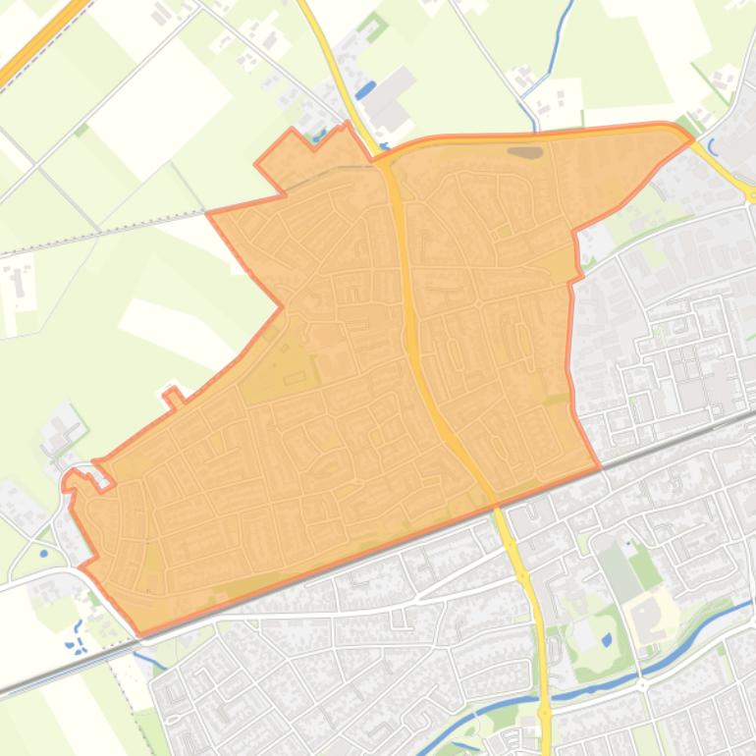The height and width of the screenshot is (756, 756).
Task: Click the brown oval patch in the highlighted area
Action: pos(524,152)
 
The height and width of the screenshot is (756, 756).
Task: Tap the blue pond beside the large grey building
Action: pos(365,91)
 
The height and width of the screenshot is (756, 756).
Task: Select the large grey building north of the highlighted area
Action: pos(390,98)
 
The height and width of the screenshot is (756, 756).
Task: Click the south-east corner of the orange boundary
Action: pos(599,467)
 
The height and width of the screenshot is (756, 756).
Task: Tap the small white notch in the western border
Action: pos(173,397)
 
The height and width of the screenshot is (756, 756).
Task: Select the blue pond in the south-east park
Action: pos(606,639)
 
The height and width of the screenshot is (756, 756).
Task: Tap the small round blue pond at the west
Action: pos(43,553)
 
